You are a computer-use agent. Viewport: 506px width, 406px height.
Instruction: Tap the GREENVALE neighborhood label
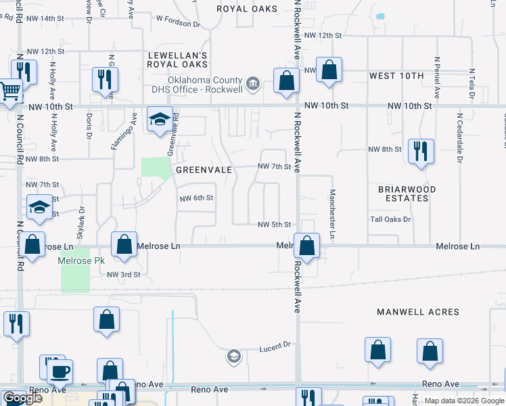click(x=204, y=171)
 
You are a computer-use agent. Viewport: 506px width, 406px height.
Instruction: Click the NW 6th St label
click(x=197, y=198)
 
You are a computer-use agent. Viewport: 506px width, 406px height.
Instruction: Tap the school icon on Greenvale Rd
click(x=160, y=120)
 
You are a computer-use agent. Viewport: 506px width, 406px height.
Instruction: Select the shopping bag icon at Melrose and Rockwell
click(x=306, y=247)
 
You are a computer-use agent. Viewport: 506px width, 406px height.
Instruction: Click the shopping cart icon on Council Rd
click(x=9, y=91)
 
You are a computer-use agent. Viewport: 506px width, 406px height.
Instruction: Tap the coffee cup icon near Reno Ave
click(x=60, y=371)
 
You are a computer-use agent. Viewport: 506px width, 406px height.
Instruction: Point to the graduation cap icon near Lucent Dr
click(x=234, y=356)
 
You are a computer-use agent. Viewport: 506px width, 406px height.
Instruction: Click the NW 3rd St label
click(x=124, y=275)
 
